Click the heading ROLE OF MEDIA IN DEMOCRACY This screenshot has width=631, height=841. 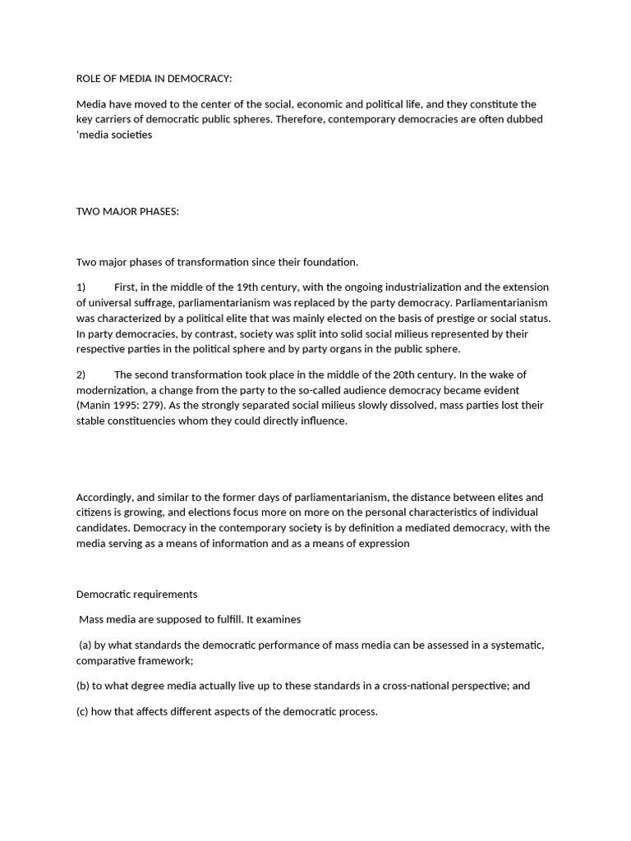pyautogui.click(x=154, y=79)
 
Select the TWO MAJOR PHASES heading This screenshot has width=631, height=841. pyautogui.click(x=127, y=211)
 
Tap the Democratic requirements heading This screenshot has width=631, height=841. pyautogui.click(x=136, y=594)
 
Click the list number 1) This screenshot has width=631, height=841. pyautogui.click(x=81, y=287)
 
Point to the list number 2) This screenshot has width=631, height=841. pyautogui.click(x=81, y=375)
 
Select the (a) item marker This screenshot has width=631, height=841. pyautogui.click(x=86, y=645)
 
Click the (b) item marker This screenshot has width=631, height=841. pyautogui.click(x=83, y=686)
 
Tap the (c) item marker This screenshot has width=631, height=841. pyautogui.click(x=83, y=711)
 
